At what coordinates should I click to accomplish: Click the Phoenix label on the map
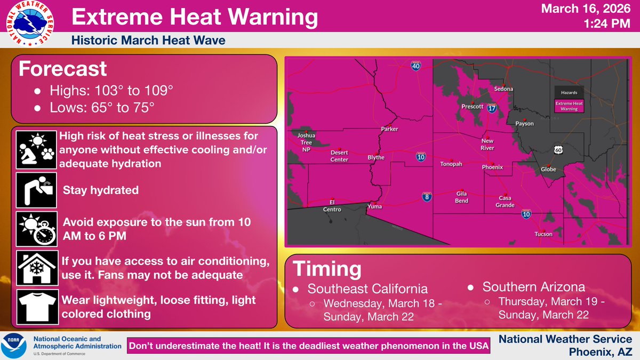coord(492,167)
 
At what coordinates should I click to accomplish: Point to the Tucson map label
coord(543,234)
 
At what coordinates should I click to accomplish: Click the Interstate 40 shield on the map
coord(416,66)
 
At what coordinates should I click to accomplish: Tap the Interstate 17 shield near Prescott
coord(492,108)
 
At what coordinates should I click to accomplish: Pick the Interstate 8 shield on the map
coord(427,196)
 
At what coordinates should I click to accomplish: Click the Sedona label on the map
coord(503,89)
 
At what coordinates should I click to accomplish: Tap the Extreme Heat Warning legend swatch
coord(569,106)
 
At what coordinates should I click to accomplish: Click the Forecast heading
coord(63,69)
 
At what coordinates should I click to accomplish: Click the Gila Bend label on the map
coord(462,197)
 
